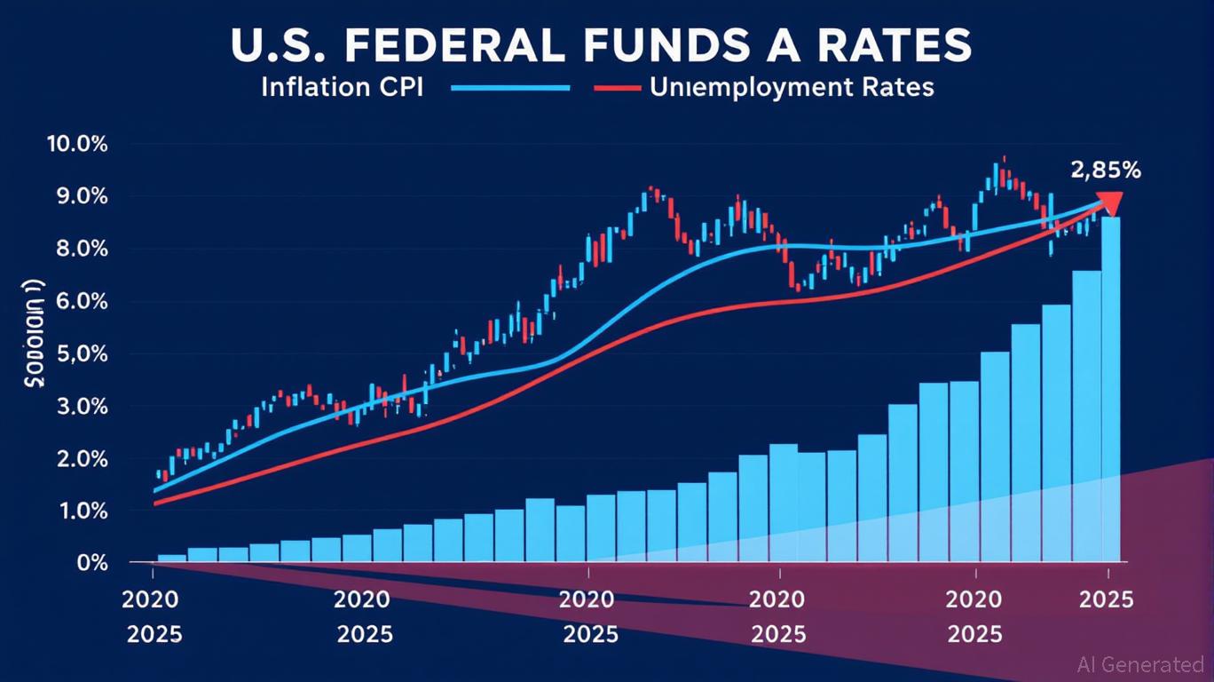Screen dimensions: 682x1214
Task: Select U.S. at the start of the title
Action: point(285,45)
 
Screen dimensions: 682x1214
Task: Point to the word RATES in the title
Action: point(897,45)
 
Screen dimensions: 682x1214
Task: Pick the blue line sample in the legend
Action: point(509,88)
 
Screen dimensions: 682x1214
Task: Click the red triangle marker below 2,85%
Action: point(1108,203)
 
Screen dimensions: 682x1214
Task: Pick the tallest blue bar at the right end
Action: point(1110,391)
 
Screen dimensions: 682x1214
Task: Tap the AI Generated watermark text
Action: point(1139,664)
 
